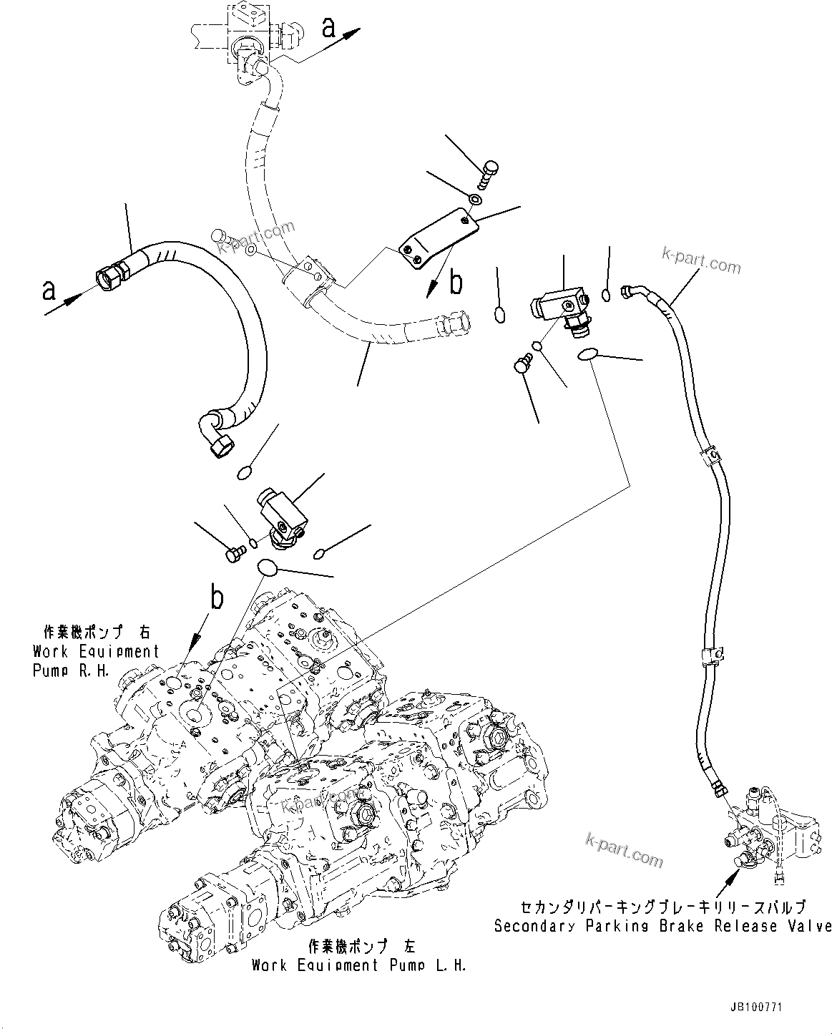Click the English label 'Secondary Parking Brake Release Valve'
click(x=662, y=926)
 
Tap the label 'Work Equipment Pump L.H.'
click(x=358, y=965)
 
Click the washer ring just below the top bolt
click(x=474, y=197)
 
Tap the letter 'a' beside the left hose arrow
click(x=49, y=290)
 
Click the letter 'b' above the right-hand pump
click(x=217, y=598)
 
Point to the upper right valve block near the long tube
click(x=559, y=311)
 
